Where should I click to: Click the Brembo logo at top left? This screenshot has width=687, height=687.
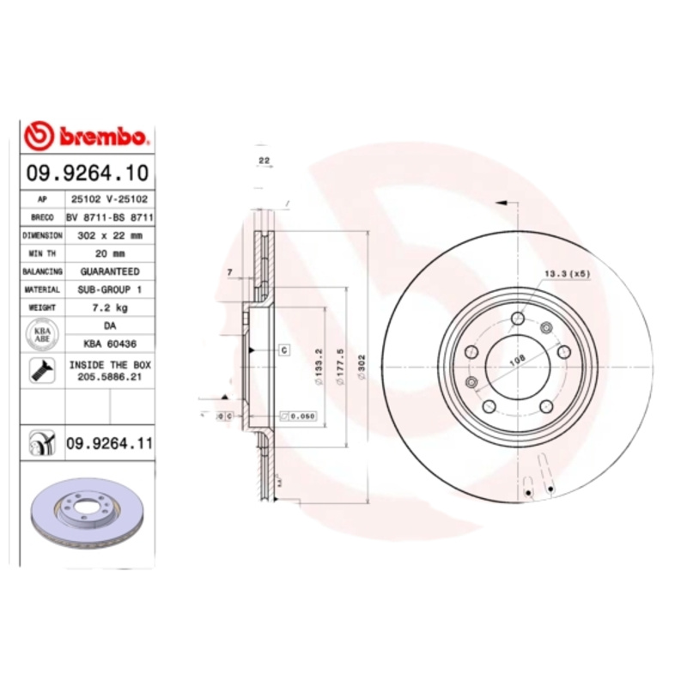click(x=87, y=136)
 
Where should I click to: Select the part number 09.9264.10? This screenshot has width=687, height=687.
click(x=87, y=173)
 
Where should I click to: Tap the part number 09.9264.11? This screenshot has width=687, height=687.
click(x=109, y=443)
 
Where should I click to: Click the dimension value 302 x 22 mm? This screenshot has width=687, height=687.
click(x=109, y=235)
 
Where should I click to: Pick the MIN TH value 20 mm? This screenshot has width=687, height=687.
click(x=109, y=253)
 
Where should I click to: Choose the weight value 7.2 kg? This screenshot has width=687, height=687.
click(x=109, y=307)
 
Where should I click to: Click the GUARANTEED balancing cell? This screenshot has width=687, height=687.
click(x=109, y=271)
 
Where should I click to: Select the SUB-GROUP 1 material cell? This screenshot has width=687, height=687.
click(x=109, y=290)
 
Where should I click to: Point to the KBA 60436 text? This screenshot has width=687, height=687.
click(x=109, y=343)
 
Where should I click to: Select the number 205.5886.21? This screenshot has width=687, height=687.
click(x=109, y=377)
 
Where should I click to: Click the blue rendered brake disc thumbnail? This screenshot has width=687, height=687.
click(x=87, y=515)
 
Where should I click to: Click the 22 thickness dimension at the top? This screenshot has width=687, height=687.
click(x=264, y=161)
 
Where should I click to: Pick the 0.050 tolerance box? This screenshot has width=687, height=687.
click(x=299, y=416)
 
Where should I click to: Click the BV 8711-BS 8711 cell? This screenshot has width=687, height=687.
click(x=109, y=217)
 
